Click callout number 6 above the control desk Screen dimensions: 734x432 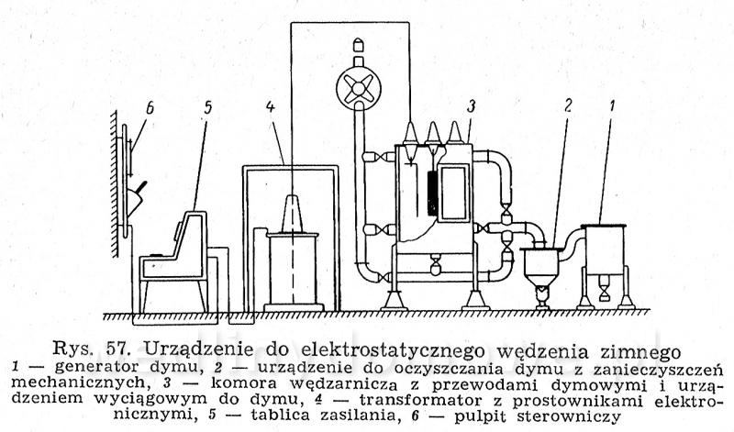click(150, 108)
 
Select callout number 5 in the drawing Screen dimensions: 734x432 click(208, 107)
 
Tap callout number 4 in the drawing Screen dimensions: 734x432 click(270, 106)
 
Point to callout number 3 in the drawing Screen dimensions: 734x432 click(471, 105)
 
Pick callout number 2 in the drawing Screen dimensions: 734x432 click(567, 105)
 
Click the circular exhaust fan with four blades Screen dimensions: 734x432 click(359, 88)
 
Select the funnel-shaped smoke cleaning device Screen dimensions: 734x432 click(541, 268)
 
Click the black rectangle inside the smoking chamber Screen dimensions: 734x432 click(432, 194)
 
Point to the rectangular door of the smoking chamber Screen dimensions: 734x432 click(453, 193)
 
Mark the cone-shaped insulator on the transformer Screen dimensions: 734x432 click(292, 214)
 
